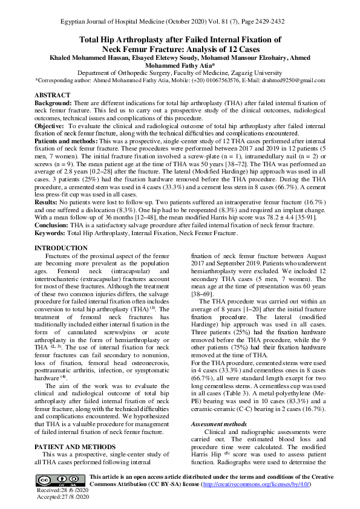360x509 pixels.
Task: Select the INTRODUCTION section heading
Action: (62, 248)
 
